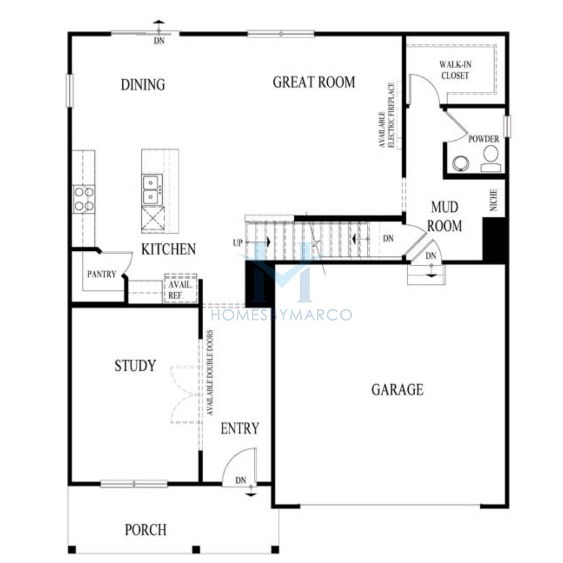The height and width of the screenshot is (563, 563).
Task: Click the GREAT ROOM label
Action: (x=314, y=82)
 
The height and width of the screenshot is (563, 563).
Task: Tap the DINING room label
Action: (x=143, y=85)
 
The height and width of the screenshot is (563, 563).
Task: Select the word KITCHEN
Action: (x=168, y=249)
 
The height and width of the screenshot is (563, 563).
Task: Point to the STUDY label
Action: (x=135, y=366)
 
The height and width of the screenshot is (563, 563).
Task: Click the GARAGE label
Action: (x=397, y=390)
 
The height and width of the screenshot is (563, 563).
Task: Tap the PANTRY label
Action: (x=102, y=274)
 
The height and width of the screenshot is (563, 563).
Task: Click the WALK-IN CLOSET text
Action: (x=455, y=70)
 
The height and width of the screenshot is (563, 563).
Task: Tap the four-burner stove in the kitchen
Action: (x=84, y=199)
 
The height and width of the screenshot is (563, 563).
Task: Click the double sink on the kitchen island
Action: (x=152, y=190)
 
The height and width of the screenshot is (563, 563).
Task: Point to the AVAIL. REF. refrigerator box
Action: (x=181, y=289)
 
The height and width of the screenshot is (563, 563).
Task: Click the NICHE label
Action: (x=493, y=200)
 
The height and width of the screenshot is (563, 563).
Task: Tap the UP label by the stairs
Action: (x=238, y=243)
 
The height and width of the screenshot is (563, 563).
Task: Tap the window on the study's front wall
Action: (x=134, y=484)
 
